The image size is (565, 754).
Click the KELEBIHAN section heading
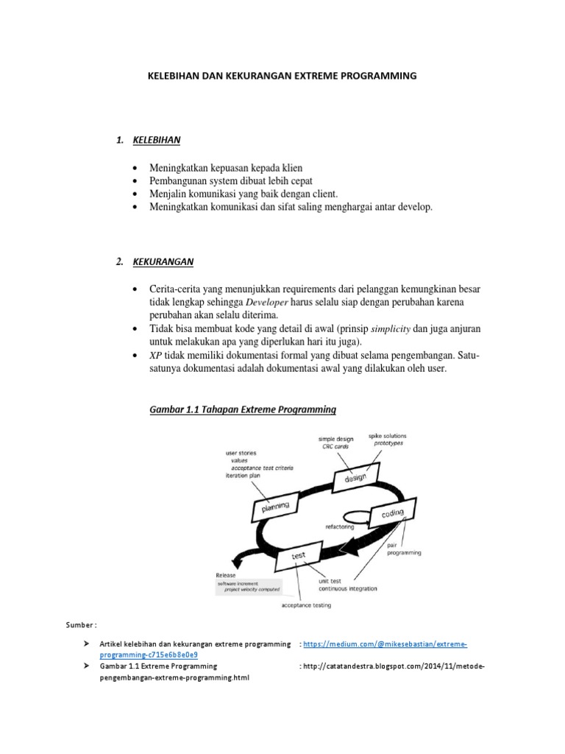pos(157,140)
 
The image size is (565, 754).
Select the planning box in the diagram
pos(271,506)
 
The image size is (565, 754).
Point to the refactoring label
pos(340,527)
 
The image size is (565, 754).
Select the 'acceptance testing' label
pos(306,605)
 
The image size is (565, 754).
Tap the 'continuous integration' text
pos(347,588)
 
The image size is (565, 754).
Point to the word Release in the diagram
pos(226,575)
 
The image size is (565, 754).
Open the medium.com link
pos(385,644)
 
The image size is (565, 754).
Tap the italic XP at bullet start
pos(155,355)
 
